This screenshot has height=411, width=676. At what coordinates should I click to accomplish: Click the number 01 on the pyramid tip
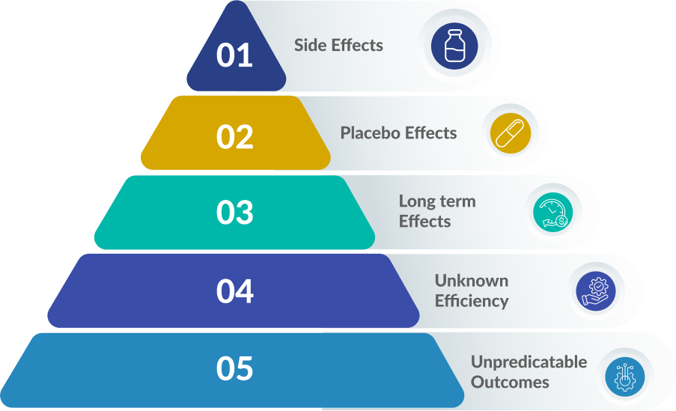point(234,56)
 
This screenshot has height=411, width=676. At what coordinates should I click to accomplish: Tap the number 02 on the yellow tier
point(235,136)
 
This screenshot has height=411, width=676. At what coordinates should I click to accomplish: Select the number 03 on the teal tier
point(235,213)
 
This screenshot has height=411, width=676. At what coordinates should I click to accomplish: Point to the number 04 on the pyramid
point(235,291)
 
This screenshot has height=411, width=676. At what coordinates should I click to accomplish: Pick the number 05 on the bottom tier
point(235,369)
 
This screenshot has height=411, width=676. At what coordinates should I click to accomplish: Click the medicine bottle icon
point(454,46)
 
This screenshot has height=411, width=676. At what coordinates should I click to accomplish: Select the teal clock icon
point(552,213)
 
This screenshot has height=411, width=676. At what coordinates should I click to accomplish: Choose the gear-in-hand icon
point(597,290)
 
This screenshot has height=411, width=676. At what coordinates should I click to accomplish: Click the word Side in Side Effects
point(310,45)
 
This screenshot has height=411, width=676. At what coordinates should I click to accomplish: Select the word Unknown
point(472,281)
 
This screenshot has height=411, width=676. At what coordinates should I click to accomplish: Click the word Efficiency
point(472,301)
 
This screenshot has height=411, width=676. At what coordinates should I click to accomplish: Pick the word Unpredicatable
point(529,362)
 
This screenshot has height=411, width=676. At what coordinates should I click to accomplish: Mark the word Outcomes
point(510,382)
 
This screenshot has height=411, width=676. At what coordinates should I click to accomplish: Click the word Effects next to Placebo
point(429,133)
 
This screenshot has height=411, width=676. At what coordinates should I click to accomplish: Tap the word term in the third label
point(457,201)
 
